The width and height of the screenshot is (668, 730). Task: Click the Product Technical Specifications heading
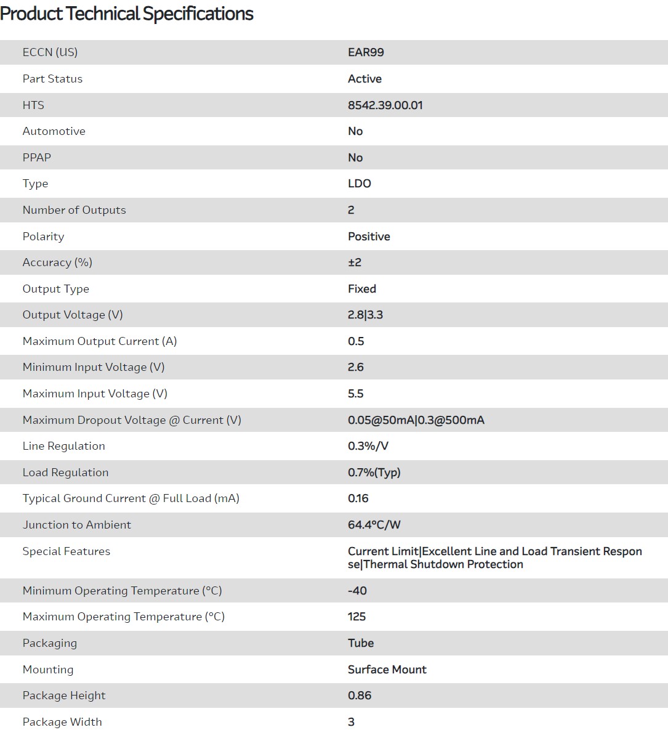click(127, 14)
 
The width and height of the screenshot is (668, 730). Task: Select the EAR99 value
click(366, 52)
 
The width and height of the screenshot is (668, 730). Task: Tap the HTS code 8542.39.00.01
click(385, 105)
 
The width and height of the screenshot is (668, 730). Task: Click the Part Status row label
click(52, 79)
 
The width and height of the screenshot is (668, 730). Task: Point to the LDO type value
click(359, 184)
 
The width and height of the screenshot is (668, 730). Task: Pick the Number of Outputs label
click(74, 210)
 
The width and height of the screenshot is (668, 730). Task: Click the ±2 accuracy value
click(355, 262)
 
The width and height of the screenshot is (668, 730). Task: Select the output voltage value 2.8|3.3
click(365, 315)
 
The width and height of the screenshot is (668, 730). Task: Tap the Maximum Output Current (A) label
click(100, 341)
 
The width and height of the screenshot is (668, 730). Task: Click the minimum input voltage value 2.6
click(355, 367)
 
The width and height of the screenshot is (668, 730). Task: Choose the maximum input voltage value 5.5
click(355, 394)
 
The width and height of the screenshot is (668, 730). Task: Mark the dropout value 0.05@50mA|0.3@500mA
click(416, 420)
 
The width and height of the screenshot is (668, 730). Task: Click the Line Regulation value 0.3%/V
click(368, 446)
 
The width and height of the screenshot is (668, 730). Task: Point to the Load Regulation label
click(65, 472)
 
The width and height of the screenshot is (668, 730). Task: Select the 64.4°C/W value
click(374, 525)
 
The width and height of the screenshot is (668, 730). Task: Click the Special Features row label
click(66, 551)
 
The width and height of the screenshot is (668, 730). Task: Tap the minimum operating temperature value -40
click(357, 591)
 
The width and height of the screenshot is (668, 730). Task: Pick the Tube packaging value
click(361, 643)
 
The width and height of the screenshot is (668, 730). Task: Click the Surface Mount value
click(387, 670)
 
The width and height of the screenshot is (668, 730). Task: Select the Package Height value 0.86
click(360, 696)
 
